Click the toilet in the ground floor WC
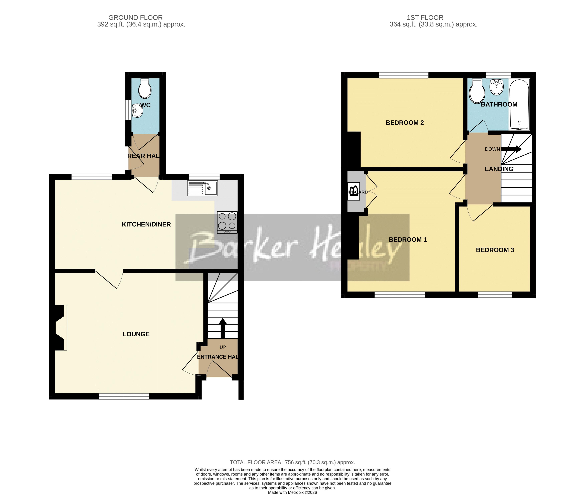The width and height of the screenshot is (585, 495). [x=145, y=89]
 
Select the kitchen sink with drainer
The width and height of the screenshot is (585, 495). [x=202, y=188]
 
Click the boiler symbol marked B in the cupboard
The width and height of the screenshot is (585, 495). [x=354, y=191]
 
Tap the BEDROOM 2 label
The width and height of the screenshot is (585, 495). [x=405, y=123]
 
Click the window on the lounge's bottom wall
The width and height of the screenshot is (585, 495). [x=124, y=396]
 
